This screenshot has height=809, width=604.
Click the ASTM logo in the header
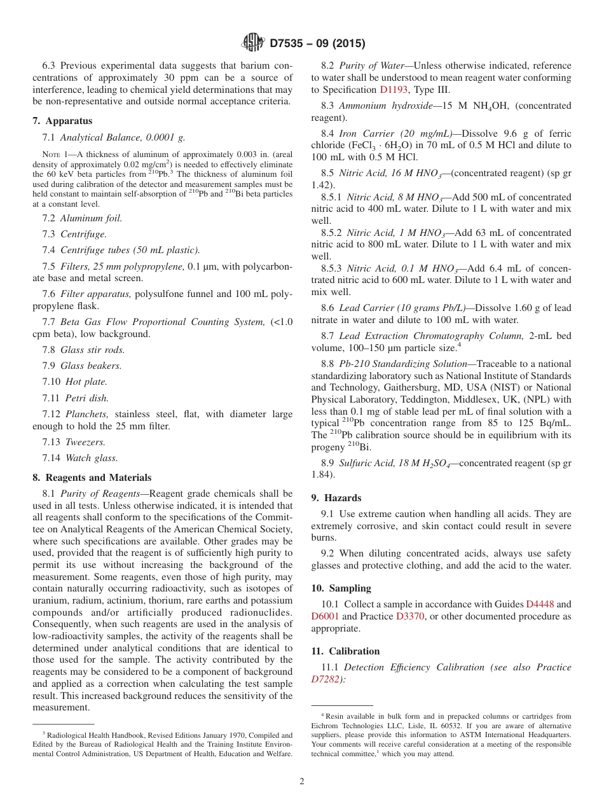[x=253, y=43]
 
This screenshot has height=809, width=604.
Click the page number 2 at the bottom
[x=302, y=781]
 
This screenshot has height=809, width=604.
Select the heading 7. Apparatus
[x=62, y=121]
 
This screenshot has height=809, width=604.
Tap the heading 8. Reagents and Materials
[x=92, y=478]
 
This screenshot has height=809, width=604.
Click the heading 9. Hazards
[x=336, y=498]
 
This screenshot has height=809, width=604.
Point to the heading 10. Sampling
[x=341, y=588]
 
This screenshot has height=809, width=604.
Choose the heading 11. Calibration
[x=345, y=651]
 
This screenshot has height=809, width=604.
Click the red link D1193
[x=394, y=90]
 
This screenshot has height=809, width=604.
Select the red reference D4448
[x=541, y=604]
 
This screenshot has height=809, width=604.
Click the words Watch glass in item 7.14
[x=91, y=457]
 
